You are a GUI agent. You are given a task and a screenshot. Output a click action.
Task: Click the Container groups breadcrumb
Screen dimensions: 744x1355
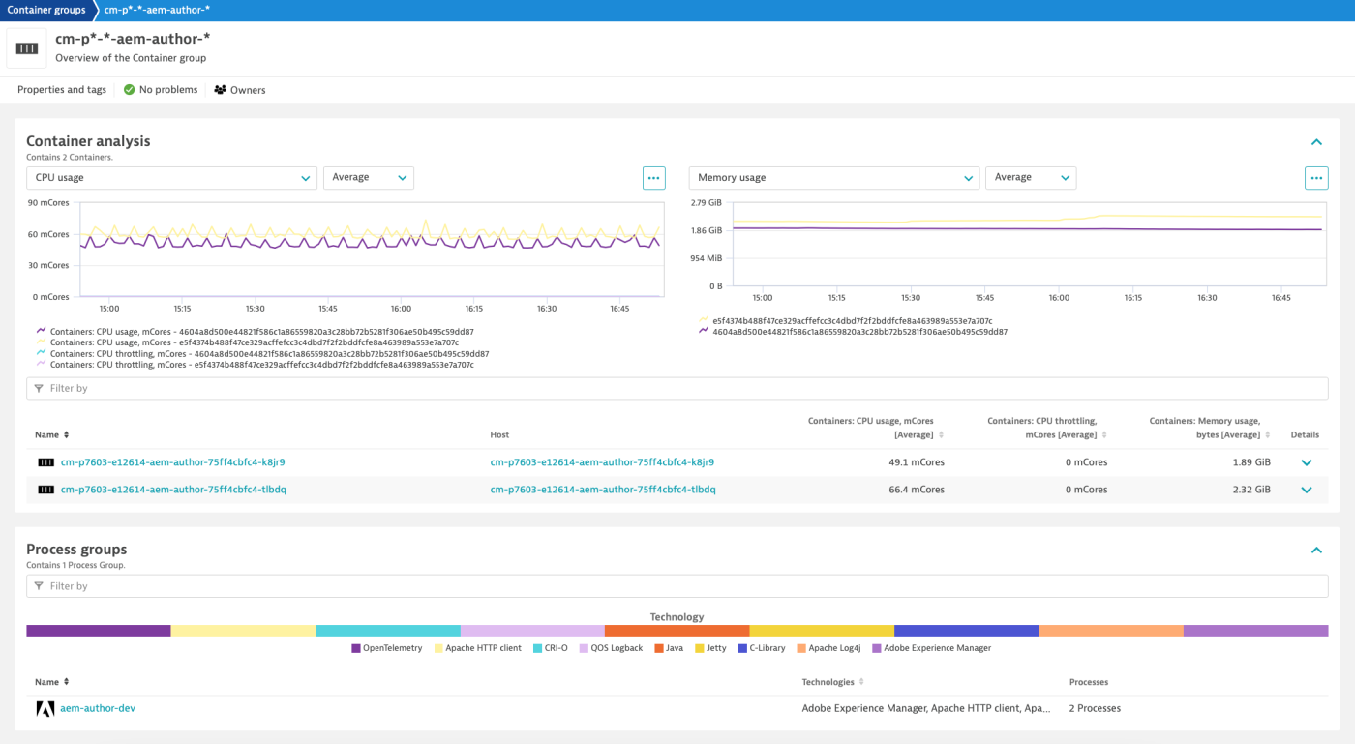45,10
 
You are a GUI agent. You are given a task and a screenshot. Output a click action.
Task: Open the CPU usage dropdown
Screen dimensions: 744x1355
171,178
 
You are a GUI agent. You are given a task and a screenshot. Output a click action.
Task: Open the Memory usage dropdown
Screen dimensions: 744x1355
833,178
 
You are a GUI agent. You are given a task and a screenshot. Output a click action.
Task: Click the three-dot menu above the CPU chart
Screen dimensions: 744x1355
654,178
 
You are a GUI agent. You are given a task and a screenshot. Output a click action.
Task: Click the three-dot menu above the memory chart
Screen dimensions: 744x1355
1316,178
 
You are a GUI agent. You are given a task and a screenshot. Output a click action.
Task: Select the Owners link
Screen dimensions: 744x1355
240,90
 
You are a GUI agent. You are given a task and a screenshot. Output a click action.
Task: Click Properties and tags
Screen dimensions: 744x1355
62,90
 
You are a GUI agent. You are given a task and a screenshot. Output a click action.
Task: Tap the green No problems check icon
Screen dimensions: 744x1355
129,90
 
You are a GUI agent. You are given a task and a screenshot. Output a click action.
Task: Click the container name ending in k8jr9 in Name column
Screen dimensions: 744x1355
172,462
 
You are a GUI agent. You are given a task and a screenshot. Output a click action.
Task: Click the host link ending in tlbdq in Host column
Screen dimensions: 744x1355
603,490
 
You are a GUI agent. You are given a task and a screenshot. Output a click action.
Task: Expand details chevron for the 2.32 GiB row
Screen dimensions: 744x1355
1307,490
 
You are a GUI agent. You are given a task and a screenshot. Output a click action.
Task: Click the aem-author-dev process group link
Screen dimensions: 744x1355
98,708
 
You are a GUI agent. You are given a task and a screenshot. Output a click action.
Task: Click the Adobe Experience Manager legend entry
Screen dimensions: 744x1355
937,648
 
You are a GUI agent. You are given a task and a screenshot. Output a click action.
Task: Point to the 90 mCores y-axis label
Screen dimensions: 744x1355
48,203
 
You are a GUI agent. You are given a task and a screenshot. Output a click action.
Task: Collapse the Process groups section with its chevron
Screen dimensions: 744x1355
1316,551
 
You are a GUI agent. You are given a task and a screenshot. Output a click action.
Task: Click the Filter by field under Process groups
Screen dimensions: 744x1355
677,586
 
